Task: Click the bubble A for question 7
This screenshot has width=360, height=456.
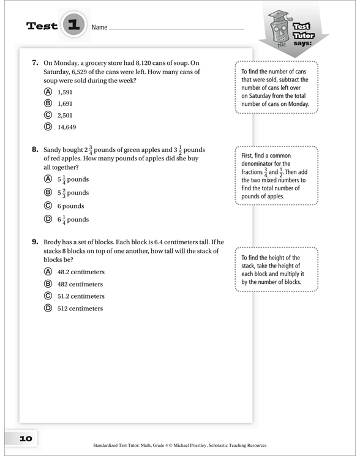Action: pos(48,92)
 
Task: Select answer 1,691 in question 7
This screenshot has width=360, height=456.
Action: pos(65,104)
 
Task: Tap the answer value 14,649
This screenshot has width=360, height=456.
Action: pos(67,127)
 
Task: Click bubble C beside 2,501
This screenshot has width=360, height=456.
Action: pos(48,115)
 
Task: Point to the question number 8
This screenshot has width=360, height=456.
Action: pos(35,149)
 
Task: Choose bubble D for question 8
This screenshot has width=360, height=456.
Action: pos(48,219)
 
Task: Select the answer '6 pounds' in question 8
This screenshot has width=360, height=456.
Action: pos(70,206)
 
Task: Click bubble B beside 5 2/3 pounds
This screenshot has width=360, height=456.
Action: pos(48,192)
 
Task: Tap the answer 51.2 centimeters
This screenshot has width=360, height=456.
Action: pos(81,296)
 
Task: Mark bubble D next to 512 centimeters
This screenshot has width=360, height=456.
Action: pos(48,308)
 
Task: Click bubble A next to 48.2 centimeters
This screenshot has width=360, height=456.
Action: pos(48,271)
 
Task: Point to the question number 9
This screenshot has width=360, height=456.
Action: pos(35,242)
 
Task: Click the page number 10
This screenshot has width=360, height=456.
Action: pos(26,438)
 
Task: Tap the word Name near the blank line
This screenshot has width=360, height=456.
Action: pos(99,28)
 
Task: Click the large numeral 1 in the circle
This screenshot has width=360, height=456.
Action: pos(74,24)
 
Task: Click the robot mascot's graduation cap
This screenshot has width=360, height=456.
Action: pos(279,15)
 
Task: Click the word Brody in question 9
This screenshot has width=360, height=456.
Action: pos(52,242)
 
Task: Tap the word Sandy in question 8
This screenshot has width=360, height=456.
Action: pos(52,150)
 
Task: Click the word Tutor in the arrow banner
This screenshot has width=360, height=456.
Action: pos(304,36)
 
